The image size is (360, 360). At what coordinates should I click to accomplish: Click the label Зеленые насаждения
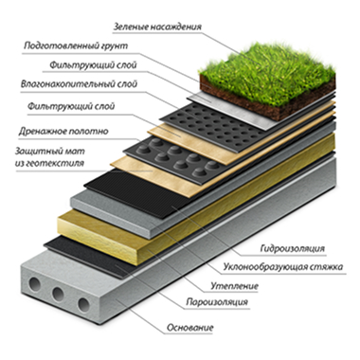point(157,27)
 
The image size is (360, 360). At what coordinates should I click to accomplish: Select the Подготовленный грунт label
point(76,45)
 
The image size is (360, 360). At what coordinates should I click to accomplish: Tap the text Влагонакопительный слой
point(79,84)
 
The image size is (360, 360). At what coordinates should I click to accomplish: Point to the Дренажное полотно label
point(63,131)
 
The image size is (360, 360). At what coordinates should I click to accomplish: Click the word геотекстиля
point(49,163)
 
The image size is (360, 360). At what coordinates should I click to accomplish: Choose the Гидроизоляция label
point(293,248)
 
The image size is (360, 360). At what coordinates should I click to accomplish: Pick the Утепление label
point(235,286)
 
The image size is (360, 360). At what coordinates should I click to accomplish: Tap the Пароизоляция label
point(217,302)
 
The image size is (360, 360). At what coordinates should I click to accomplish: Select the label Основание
point(190,328)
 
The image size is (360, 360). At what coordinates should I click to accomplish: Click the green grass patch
point(268,74)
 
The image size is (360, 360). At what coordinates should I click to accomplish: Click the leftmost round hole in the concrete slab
point(34,284)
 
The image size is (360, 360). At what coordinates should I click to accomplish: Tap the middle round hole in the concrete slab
point(59,294)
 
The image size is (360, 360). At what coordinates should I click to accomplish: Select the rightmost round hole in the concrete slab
point(83,304)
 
